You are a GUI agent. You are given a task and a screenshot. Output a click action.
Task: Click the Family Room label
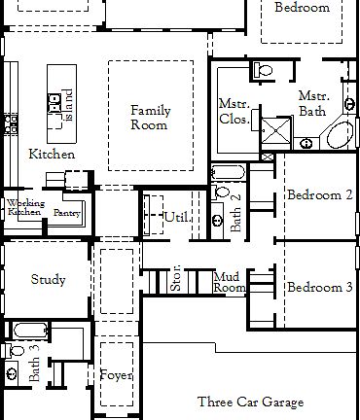click(151, 118)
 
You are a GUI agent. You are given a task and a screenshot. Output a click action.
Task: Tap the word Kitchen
click(52, 155)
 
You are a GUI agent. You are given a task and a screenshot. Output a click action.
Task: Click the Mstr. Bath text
click(313, 105)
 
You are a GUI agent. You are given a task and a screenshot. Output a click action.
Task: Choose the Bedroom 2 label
click(319, 195)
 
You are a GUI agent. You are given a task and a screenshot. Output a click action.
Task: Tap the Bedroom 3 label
click(319, 288)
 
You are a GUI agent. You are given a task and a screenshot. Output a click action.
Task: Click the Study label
click(48, 280)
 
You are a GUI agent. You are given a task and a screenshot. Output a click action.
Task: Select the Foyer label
click(116, 374)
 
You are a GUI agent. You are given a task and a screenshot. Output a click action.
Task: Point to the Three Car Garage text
click(250, 402)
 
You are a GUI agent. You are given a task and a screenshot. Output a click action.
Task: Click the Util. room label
click(176, 216)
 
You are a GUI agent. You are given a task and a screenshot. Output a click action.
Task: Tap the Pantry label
click(66, 212)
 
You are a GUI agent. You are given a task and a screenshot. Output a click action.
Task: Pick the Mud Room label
click(230, 282)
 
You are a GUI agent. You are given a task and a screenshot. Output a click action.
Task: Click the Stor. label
click(176, 281)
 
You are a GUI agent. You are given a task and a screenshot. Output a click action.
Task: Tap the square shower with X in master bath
click(278, 131)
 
